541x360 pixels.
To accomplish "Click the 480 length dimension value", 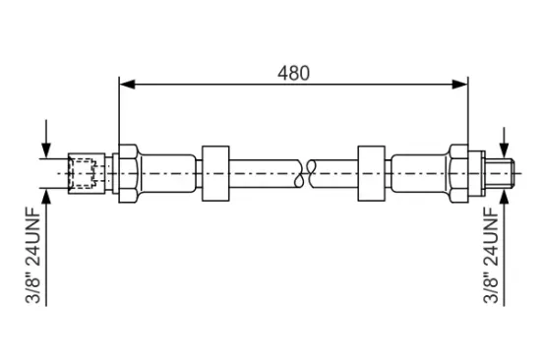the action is coord(294,73).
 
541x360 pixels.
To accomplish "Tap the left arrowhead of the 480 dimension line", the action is coord(127,84).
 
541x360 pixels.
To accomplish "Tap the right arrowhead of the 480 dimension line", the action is coord(460,84).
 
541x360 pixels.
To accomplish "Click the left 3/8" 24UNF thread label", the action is coord(33,255).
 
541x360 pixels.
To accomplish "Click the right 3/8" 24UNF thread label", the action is coord(491,255).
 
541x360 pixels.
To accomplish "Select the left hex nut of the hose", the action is coord(129,173).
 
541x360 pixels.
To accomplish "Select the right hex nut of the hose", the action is coord(458,173).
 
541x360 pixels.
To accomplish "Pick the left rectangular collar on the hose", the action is coord(215,173).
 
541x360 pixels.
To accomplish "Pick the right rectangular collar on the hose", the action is coord(371,173).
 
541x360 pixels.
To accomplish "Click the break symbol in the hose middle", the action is coord(304,173).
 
